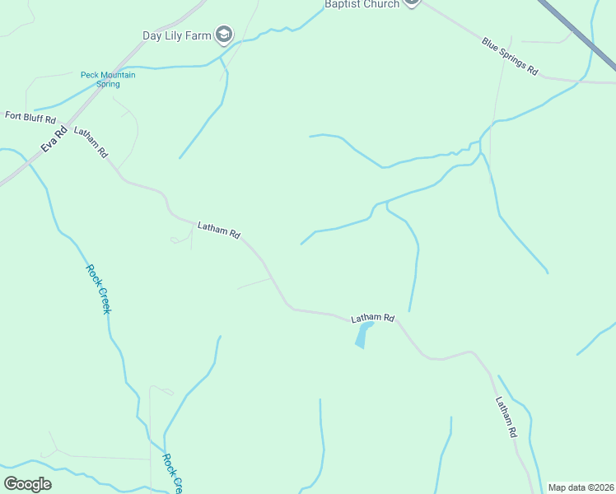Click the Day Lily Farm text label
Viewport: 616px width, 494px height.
click(x=176, y=35)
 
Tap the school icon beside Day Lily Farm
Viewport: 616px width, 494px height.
click(x=223, y=35)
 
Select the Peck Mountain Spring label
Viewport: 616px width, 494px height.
click(x=108, y=79)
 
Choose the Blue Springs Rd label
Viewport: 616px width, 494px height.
click(x=510, y=57)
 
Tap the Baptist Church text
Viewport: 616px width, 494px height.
click(x=362, y=4)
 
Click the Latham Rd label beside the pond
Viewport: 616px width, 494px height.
click(x=373, y=318)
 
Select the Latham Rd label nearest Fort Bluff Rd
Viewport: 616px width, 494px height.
click(x=91, y=142)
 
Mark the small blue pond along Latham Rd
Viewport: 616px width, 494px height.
click(x=362, y=334)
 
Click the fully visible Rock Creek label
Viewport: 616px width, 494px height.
click(x=98, y=288)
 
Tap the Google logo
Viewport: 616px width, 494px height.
click(x=28, y=484)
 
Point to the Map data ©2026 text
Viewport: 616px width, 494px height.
click(x=581, y=487)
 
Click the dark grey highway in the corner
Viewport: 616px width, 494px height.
click(x=577, y=28)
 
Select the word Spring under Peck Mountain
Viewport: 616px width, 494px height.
click(x=108, y=84)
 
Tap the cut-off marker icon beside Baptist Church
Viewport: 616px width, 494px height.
click(x=412, y=3)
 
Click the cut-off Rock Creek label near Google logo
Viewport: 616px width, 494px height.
click(x=172, y=474)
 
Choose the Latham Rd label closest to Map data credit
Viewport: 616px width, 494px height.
click(x=506, y=417)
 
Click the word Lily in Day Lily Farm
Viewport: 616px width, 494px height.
click(x=177, y=35)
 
